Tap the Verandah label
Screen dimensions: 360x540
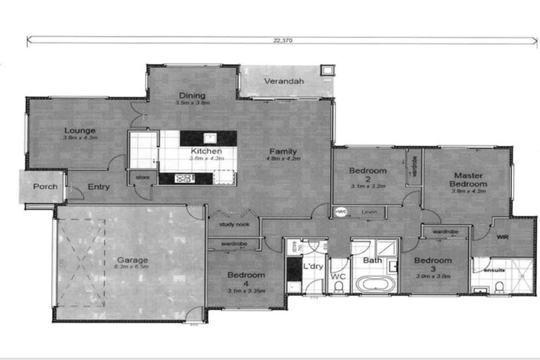click(284, 82)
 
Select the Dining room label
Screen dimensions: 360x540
click(192, 96)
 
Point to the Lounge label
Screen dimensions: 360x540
click(80, 130)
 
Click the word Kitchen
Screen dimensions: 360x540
click(206, 151)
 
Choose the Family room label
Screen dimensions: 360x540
click(282, 151)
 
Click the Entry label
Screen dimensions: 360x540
click(98, 187)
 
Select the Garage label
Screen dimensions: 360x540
click(132, 260)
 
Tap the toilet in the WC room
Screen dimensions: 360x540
click(338, 288)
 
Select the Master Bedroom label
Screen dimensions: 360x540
click(468, 180)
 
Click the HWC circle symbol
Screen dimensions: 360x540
click(341, 211)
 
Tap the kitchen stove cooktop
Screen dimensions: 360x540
click(183, 178)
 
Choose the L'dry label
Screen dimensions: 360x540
click(312, 268)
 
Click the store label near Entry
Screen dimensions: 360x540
click(143, 177)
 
